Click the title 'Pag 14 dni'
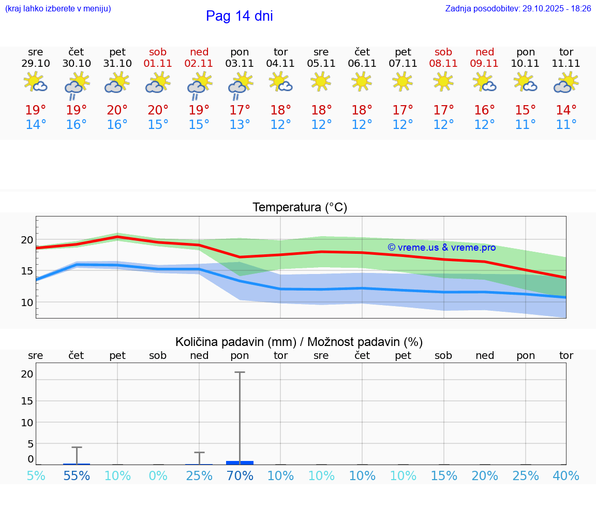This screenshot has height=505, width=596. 239,16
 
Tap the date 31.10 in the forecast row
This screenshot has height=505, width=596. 117,64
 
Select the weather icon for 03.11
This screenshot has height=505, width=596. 240,84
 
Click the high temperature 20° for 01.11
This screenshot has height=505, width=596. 158,110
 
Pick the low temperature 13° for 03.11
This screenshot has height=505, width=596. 240,125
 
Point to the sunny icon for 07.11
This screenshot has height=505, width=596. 403,81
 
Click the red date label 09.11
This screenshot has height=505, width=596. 484,64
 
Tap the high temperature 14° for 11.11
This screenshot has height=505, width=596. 566,110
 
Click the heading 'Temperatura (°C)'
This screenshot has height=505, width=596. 300,208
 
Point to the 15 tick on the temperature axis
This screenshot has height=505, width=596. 27,271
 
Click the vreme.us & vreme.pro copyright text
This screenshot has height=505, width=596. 441,248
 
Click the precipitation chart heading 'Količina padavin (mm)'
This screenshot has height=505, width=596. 235,342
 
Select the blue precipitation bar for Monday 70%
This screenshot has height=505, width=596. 240,463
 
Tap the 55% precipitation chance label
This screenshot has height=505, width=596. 77,475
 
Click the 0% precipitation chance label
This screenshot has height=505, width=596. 158,475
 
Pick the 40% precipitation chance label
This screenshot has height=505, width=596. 566,475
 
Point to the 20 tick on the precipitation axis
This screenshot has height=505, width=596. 27,374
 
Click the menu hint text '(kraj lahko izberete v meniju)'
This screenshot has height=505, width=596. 58,9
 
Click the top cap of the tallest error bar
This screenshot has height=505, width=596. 240,372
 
